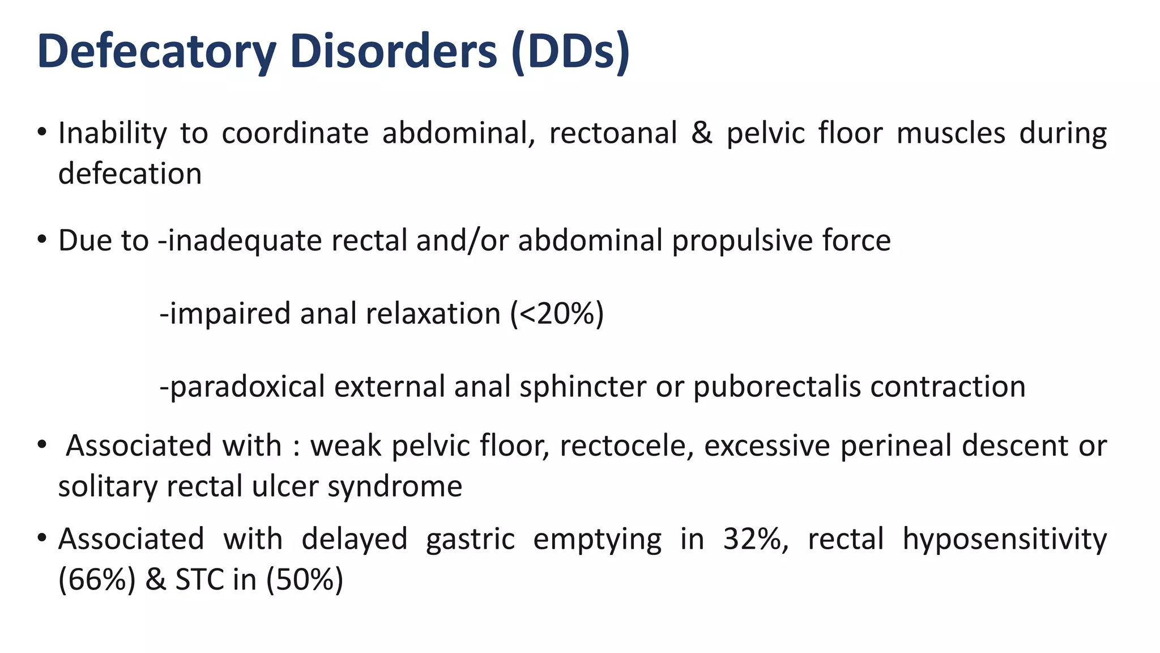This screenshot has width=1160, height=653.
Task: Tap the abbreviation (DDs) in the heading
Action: tap(570, 52)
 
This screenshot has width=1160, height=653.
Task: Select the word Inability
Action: tap(113, 134)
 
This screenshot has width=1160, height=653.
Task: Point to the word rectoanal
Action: tap(613, 134)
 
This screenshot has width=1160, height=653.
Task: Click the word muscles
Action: tap(951, 134)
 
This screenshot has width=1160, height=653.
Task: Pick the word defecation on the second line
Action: tap(130, 173)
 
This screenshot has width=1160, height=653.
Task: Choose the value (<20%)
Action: tap(557, 313)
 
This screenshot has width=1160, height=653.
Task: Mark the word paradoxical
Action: tap(247, 387)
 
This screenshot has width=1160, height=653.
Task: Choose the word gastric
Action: tap(470, 539)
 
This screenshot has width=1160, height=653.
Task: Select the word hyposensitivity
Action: tap(1004, 539)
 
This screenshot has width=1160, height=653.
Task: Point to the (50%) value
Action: tap(304, 580)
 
